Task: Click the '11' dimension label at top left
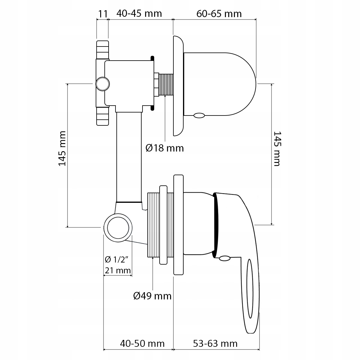(x=103, y=14)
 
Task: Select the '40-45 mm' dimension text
(x=139, y=14)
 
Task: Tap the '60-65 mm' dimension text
(x=219, y=14)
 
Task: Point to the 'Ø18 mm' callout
(x=164, y=148)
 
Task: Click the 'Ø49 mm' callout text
(x=152, y=296)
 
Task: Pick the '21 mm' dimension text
(x=118, y=271)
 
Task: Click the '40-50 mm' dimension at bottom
(x=142, y=343)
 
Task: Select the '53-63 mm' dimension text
(x=215, y=343)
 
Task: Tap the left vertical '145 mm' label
(x=62, y=148)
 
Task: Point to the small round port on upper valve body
(x=103, y=84)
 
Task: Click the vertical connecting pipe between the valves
(x=128, y=156)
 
